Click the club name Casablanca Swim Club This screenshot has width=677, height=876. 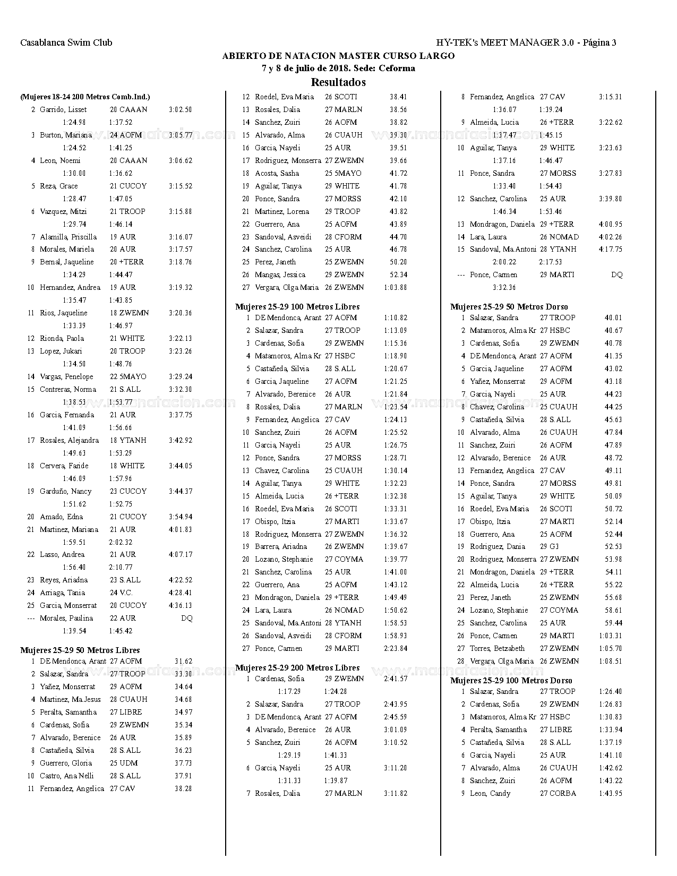pyautogui.click(x=66, y=42)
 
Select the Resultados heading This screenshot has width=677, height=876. pyautogui.click(x=338, y=82)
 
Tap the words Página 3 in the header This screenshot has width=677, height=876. pyautogui.click(x=599, y=42)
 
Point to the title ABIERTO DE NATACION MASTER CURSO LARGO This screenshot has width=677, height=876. pyautogui.click(x=338, y=56)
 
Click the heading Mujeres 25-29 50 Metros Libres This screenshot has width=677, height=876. pyautogui.click(x=80, y=650)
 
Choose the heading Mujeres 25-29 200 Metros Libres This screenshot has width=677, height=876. pyautogui.click(x=297, y=667)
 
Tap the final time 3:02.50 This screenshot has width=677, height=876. pyautogui.click(x=181, y=109)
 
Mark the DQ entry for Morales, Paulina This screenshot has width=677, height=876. pyautogui.click(x=186, y=618)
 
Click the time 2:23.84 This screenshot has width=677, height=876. pyautogui.click(x=396, y=648)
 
